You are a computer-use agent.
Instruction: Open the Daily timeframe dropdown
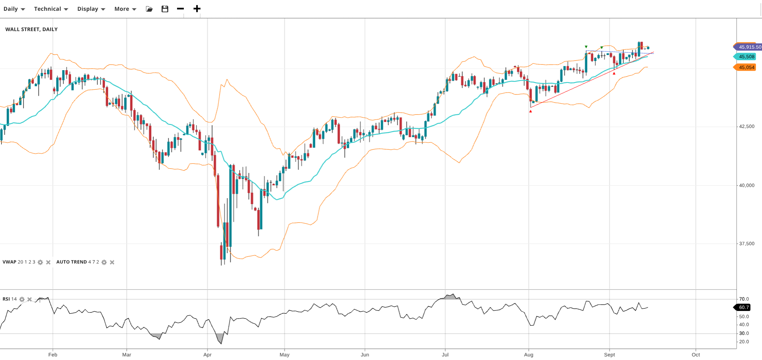[x=14, y=9]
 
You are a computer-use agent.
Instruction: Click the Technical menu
[x=51, y=9]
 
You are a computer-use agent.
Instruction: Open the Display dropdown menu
[x=91, y=9]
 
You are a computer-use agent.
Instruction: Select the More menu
[x=125, y=9]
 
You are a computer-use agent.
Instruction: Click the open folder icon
[x=149, y=9]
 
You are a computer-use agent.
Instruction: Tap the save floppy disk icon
[x=165, y=9]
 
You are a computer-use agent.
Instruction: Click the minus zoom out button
[x=180, y=9]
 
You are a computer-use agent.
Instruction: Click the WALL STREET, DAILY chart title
[x=32, y=29]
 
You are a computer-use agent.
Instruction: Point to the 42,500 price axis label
[x=746, y=126]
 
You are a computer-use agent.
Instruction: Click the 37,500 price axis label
[x=746, y=244]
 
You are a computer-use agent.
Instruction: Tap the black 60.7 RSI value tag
[x=744, y=307]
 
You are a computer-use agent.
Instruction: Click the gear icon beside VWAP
[x=40, y=262]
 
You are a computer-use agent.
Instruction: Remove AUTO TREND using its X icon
[x=112, y=262]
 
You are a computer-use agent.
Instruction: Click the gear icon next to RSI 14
[x=22, y=299]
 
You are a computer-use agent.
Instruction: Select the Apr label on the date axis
[x=207, y=354]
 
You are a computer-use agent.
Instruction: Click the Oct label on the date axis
[x=696, y=354]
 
